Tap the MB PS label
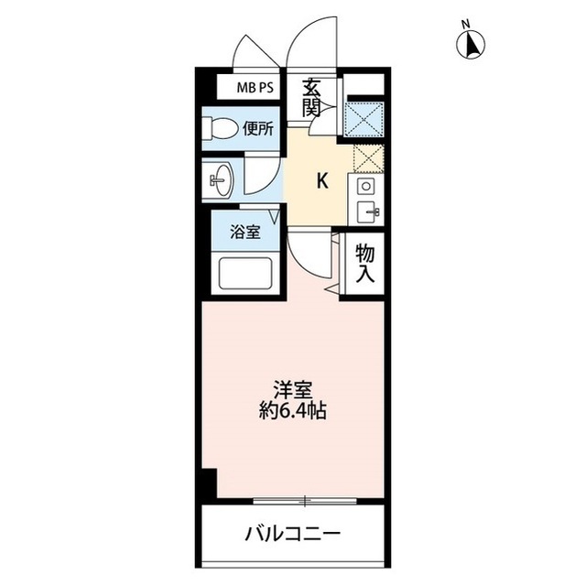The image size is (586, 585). tap(255, 88)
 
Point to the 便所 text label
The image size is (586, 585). tap(258, 129)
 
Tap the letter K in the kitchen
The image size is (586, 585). tap(321, 180)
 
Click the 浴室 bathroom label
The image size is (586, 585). tap(245, 232)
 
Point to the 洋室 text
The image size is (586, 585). tap(292, 388)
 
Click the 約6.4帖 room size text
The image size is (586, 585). tap(292, 411)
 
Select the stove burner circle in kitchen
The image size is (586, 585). tap(365, 186)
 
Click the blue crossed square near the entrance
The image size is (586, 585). tap(365, 119)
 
